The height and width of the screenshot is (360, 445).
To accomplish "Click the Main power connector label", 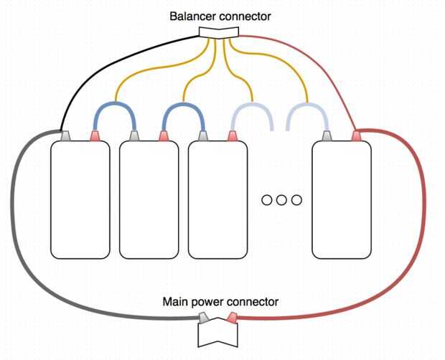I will tap(220, 302).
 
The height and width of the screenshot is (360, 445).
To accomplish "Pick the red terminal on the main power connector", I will tap(232, 318).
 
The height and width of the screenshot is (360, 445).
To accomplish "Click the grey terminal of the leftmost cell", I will tap(66, 136).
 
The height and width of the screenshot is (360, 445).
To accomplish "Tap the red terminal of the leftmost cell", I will tap(94, 136).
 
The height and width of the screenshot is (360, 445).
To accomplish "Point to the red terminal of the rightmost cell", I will tap(355, 136).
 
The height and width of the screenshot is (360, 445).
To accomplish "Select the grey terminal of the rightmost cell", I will tap(328, 136).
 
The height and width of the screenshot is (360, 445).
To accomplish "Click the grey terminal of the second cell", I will tap(134, 136).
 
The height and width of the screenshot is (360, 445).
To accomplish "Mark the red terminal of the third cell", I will tap(232, 136).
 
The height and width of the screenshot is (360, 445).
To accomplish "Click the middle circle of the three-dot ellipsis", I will tap(281, 199).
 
